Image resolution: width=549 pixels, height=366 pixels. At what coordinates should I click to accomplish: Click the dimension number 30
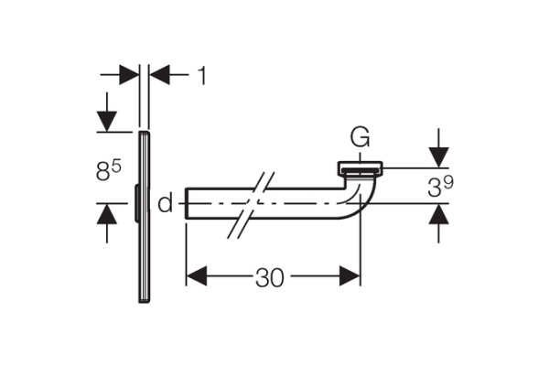[x=270, y=278]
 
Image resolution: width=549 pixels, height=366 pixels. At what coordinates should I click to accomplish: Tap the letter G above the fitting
[x=360, y=137]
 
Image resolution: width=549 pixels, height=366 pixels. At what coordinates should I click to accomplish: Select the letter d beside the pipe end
[x=166, y=203]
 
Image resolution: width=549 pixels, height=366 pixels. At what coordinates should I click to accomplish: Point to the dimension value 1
[x=201, y=75]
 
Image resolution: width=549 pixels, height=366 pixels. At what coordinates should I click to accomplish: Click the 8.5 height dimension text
[x=109, y=170]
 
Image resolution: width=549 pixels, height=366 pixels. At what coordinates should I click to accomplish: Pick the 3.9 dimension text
[x=440, y=186]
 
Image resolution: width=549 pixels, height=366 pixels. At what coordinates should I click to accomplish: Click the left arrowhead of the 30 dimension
[x=197, y=276]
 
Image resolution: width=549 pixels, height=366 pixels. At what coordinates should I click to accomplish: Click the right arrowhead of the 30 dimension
[x=350, y=276]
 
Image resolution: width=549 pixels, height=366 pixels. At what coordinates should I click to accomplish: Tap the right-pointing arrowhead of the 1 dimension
[x=129, y=75]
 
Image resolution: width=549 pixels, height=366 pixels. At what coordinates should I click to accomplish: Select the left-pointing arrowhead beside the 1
[x=159, y=75]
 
